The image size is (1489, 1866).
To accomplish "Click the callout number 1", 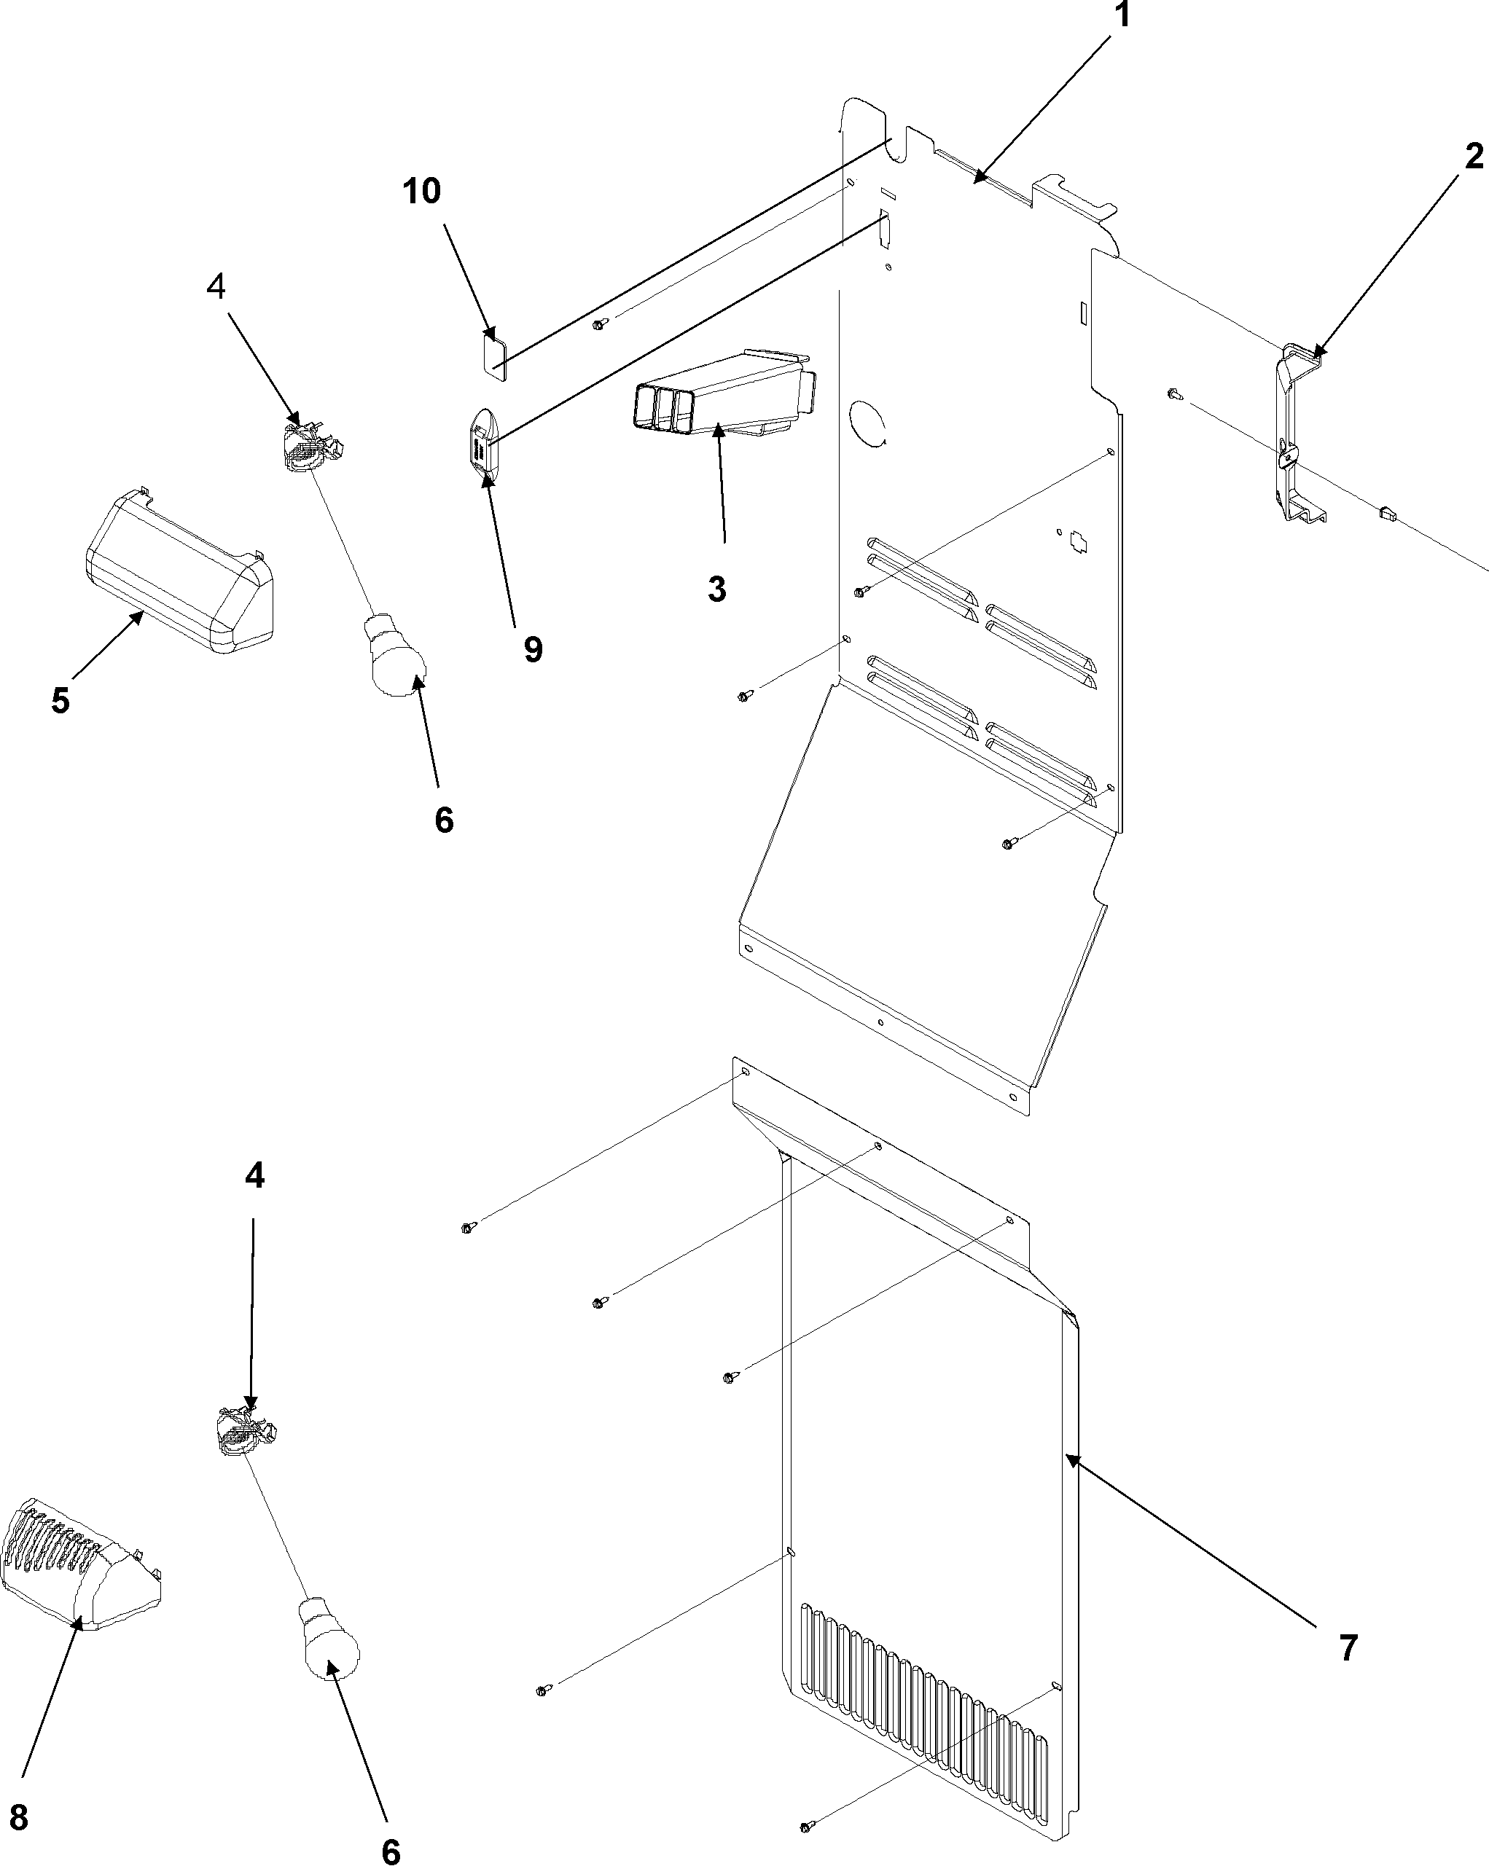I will click(1121, 15).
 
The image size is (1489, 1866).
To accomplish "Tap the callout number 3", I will click(716, 589).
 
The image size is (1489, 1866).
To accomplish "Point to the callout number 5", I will click(60, 700).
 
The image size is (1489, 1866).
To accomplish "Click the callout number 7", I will click(1348, 1648).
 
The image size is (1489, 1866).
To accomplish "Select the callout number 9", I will click(534, 649).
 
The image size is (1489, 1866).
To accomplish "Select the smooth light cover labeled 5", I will click(177, 571).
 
